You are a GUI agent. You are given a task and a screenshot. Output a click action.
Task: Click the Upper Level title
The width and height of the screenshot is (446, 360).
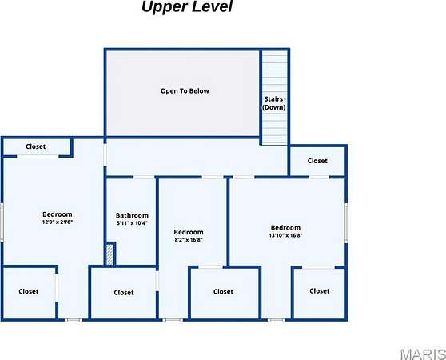pyautogui.click(x=187, y=7)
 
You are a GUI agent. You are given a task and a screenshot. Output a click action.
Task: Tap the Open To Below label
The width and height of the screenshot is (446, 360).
pyautogui.click(x=185, y=91)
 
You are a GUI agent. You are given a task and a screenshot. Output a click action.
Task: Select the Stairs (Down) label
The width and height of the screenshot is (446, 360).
pyautogui.click(x=273, y=103)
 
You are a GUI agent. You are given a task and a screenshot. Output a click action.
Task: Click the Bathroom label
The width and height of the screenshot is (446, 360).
pyautogui.click(x=132, y=215)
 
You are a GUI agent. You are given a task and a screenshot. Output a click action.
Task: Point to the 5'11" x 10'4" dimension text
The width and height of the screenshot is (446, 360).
pyautogui.click(x=132, y=223)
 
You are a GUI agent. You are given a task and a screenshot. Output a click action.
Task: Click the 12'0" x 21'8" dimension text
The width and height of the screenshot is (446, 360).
pyautogui.click(x=58, y=222)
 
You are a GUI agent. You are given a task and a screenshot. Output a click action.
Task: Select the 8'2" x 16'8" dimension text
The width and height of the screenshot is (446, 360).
pyautogui.click(x=189, y=240)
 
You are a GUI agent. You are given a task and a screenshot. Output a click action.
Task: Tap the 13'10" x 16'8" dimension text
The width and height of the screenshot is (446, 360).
pyautogui.click(x=285, y=235)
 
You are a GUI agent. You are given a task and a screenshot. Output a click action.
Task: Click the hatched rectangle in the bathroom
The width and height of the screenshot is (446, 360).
pyautogui.click(x=110, y=254)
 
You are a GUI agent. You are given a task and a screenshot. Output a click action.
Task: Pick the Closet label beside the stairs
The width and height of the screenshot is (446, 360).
pyautogui.click(x=317, y=161)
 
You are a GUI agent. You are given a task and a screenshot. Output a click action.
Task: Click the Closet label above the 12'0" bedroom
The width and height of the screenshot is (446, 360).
pyautogui.click(x=35, y=146)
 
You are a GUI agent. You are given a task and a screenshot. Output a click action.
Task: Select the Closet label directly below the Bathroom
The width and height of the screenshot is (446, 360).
pyautogui.click(x=124, y=293)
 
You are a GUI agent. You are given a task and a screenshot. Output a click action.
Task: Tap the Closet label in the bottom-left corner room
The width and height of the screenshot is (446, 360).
pyautogui.click(x=29, y=291)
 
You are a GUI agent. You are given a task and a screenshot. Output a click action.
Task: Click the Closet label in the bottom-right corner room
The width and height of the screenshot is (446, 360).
pyautogui.click(x=320, y=291)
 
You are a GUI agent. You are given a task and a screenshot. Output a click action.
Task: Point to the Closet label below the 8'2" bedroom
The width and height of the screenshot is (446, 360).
pyautogui.click(x=223, y=292)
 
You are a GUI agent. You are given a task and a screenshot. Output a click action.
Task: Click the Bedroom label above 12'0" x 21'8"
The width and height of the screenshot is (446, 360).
pyautogui.click(x=58, y=214)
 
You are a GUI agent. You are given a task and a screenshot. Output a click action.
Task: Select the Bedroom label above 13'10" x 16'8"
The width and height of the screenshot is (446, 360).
pyautogui.click(x=285, y=228)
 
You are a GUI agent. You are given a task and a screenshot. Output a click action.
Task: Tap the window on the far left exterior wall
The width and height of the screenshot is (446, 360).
pyautogui.click(x=2, y=223)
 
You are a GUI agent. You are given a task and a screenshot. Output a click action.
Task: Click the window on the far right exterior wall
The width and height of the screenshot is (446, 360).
pyautogui.click(x=346, y=223)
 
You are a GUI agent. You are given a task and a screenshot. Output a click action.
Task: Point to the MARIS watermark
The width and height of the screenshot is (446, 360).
pyautogui.click(x=424, y=354)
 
